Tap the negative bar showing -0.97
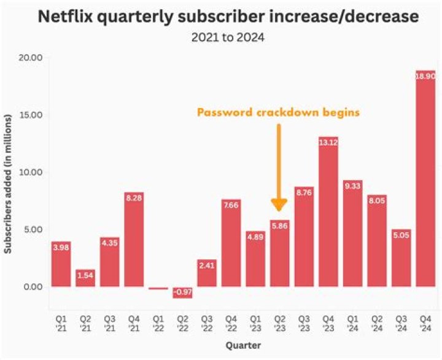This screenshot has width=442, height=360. [182, 292]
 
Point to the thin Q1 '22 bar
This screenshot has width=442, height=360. [158, 288]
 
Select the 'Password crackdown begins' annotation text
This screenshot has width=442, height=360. [277, 112]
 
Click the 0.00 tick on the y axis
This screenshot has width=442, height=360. [33, 287]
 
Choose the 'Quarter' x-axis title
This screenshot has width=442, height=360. [242, 345]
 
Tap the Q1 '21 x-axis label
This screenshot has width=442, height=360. [61, 323]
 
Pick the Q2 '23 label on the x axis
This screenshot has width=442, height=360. [279, 323]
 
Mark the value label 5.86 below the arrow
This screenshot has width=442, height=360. [279, 225]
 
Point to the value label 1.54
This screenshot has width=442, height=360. [85, 275]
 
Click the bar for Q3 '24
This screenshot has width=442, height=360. [401, 258]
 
